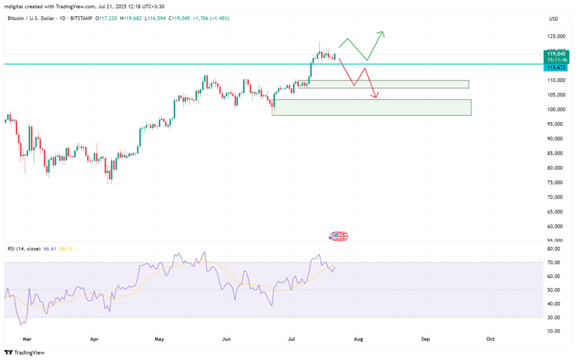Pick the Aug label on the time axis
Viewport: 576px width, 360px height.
pos(358,340)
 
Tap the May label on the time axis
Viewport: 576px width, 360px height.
pos(159,340)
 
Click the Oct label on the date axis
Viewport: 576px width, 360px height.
pos(490,340)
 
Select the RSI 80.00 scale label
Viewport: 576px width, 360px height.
pos(554,249)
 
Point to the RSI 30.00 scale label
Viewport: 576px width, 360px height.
pos(554,317)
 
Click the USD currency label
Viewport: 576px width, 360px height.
pos(553,19)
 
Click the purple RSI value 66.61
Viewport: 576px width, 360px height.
pos(50,249)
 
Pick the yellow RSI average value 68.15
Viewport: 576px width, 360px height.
pos(66,249)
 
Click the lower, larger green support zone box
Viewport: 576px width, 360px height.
pos(371,107)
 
